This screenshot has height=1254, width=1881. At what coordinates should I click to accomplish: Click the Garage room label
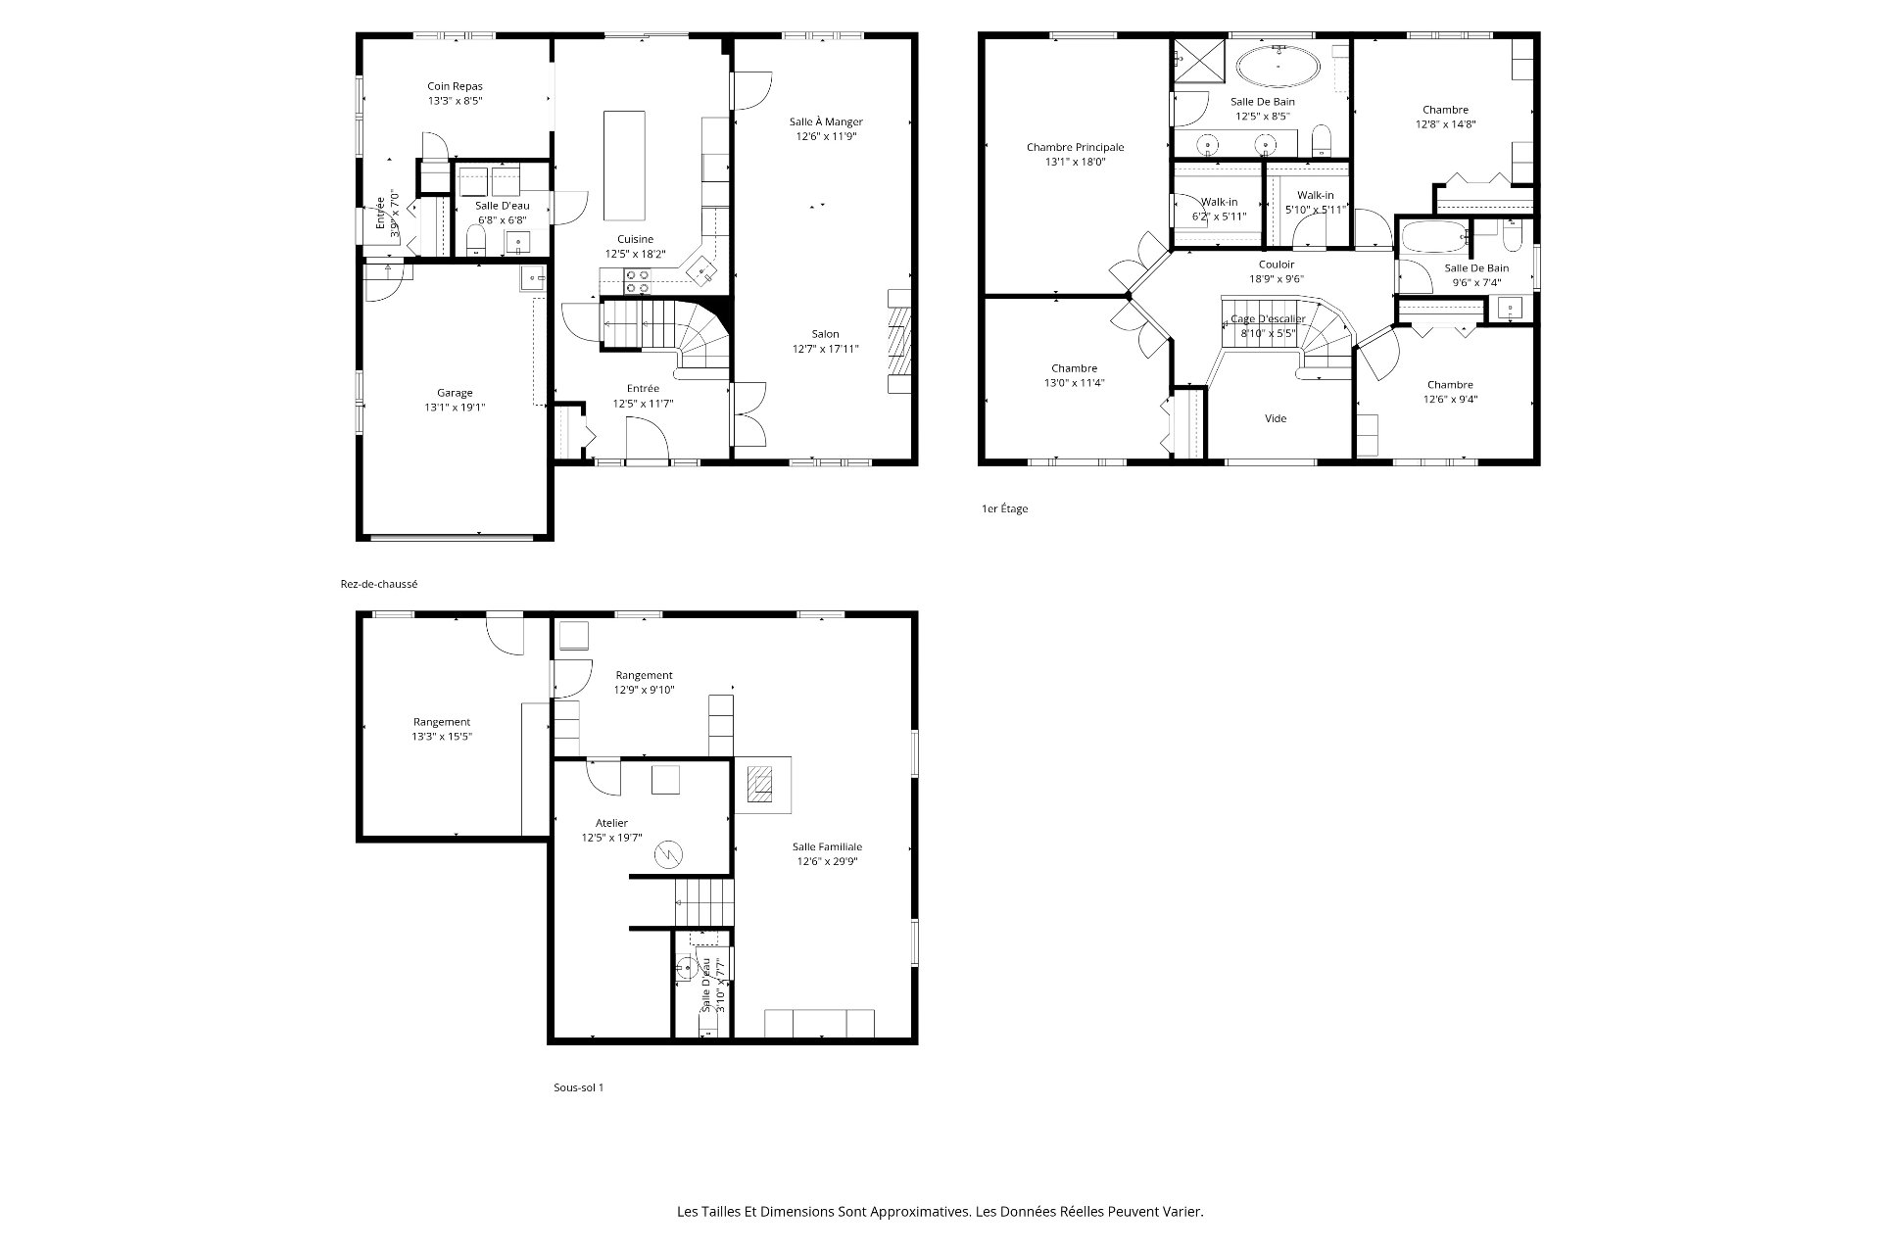click(455, 393)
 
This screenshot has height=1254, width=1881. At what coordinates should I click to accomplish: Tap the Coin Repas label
click(455, 86)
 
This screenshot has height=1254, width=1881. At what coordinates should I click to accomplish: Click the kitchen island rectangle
click(625, 166)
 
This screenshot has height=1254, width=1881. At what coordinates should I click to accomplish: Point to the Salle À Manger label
click(826, 121)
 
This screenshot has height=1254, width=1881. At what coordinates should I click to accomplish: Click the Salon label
click(825, 334)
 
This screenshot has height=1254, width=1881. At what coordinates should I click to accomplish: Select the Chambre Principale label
click(1075, 147)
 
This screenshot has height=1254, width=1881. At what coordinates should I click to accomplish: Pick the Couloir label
click(1277, 265)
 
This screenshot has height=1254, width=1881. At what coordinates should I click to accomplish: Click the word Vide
click(1276, 418)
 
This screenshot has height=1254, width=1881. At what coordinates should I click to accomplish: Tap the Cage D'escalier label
click(1268, 318)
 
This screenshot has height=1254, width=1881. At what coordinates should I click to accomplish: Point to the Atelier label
click(611, 823)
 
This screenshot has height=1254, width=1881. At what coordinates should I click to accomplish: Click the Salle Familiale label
click(827, 846)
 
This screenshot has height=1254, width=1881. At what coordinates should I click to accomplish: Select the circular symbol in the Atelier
click(668, 854)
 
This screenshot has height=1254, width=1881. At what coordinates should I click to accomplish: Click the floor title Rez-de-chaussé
click(379, 584)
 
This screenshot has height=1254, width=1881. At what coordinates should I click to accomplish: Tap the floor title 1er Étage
click(1004, 509)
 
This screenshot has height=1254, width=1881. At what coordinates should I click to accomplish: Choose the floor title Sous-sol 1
click(578, 1087)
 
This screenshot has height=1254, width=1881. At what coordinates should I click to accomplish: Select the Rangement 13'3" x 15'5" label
click(442, 729)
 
